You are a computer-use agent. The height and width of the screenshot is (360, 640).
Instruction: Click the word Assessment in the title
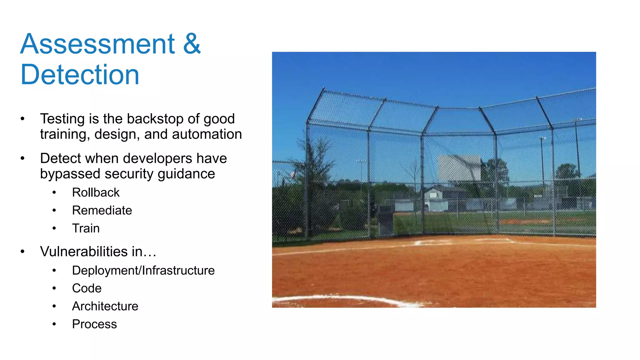[x=97, y=44]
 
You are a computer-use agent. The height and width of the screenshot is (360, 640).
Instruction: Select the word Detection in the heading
[x=80, y=75]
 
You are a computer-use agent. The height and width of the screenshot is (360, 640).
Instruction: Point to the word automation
[x=207, y=134]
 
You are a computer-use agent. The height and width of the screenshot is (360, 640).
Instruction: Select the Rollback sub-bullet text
[x=96, y=192]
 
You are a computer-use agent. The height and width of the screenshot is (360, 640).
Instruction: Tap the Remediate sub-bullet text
[x=102, y=210]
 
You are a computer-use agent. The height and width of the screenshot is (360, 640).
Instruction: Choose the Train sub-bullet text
[x=86, y=228]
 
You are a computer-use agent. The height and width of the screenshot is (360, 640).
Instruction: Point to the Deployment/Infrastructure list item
[x=143, y=271]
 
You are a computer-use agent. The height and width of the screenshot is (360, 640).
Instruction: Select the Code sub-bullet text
[x=87, y=288]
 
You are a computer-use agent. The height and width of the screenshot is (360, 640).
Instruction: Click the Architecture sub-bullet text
[x=105, y=306]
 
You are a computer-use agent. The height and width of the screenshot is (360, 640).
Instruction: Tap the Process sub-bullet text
[x=94, y=324]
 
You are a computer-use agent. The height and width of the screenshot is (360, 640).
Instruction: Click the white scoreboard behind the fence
[x=459, y=168]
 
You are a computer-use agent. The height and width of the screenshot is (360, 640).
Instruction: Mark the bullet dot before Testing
[x=22, y=119]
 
